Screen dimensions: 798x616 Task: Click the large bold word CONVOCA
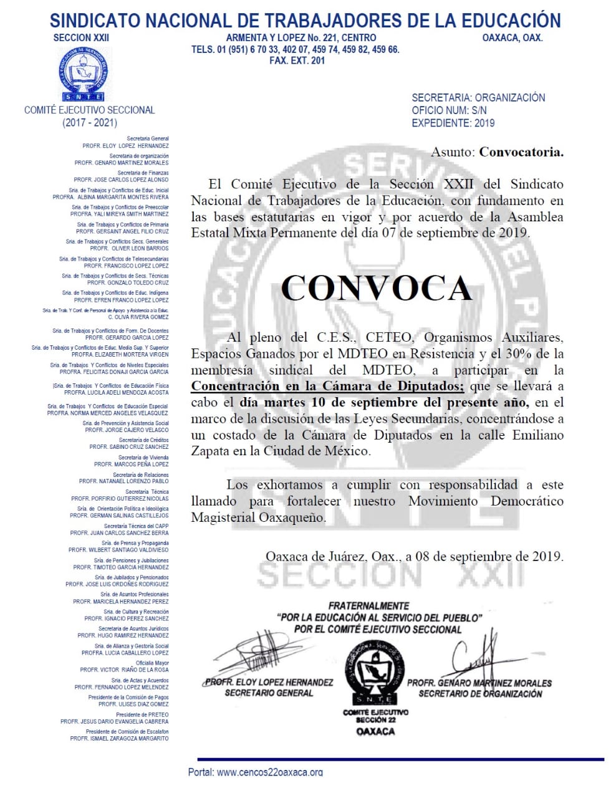click(x=376, y=288)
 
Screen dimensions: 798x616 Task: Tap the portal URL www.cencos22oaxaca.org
click(x=270, y=772)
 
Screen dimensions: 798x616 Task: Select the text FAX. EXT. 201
click(x=297, y=60)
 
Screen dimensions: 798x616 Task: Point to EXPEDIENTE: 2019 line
click(x=453, y=123)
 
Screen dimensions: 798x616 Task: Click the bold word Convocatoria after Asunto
click(x=521, y=152)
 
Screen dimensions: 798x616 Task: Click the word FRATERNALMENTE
click(x=369, y=605)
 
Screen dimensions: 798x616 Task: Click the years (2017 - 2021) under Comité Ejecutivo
click(x=89, y=123)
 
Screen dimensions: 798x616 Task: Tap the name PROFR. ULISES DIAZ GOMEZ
click(x=133, y=704)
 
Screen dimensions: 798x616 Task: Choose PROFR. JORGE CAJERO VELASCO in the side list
click(x=127, y=430)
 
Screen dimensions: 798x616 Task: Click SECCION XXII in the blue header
click(x=81, y=37)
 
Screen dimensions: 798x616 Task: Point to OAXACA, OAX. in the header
click(x=513, y=37)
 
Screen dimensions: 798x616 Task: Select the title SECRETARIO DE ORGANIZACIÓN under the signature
click(x=480, y=694)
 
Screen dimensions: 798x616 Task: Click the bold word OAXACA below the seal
click(x=375, y=731)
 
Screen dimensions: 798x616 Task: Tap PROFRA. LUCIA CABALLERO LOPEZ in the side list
click(x=125, y=653)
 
